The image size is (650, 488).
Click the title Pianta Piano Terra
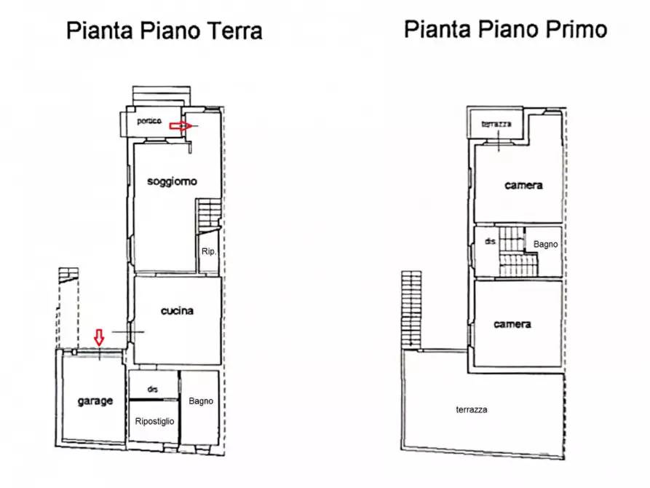point(164,31)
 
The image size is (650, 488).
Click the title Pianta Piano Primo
point(505,29)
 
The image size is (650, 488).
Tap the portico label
point(149,121)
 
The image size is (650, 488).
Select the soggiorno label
point(173,181)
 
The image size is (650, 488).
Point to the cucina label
point(177,311)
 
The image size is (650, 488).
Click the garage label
point(95,401)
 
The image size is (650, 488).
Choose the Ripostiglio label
point(155,421)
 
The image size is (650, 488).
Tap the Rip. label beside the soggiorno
point(209,252)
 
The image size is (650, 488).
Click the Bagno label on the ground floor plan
point(201,401)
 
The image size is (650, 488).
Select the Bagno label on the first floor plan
point(546,245)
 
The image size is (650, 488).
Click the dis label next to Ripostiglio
point(153,389)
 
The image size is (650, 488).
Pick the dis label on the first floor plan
point(491,240)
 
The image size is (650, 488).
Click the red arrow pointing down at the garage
point(100,337)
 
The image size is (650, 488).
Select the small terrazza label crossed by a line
point(496,125)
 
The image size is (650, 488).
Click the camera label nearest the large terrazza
point(512,324)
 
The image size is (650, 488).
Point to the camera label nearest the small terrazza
point(523,186)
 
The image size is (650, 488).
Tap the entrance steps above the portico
point(162,97)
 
